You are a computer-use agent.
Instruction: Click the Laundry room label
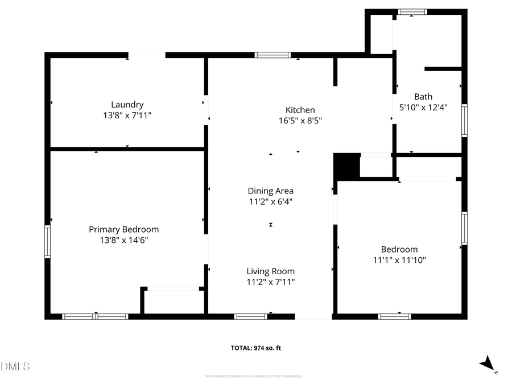tap(127, 105)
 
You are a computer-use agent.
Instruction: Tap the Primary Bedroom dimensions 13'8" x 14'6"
tap(123, 240)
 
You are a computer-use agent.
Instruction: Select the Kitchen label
tap(300, 110)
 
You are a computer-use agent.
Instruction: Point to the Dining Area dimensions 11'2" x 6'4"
tap(270, 201)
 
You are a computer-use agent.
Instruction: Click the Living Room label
tap(270, 271)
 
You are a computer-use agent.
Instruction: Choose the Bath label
tap(423, 97)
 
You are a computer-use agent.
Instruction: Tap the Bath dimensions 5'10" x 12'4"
tap(423, 107)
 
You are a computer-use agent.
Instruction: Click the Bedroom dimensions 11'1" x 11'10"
tap(399, 260)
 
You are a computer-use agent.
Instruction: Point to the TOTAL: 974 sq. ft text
tap(255, 348)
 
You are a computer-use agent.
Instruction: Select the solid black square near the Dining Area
tap(346, 166)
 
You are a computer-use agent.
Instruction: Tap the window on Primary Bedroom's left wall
tap(48, 241)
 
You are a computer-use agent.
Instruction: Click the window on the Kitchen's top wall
tap(272, 55)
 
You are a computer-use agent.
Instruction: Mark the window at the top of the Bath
tap(412, 11)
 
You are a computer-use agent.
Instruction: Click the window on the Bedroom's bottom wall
tap(394, 316)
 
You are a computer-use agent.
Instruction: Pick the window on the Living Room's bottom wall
tap(250, 316)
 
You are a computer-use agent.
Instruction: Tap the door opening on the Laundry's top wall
tap(146, 55)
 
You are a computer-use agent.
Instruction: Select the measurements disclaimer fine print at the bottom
tap(254, 376)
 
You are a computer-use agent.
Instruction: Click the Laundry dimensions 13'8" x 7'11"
tap(127, 115)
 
